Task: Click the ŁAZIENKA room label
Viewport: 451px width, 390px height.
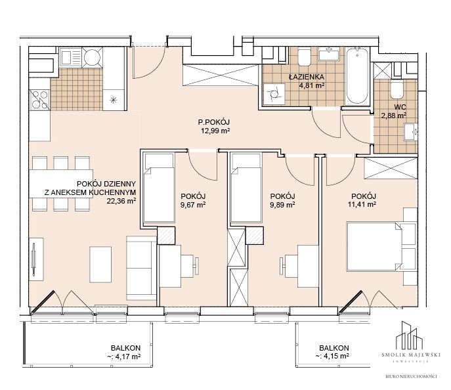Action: tap(307, 77)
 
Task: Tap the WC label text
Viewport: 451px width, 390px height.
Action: tap(400, 107)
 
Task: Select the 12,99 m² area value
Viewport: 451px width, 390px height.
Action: tap(216, 131)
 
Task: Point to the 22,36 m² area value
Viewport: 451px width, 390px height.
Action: tap(121, 201)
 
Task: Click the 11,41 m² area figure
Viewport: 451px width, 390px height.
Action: tap(362, 204)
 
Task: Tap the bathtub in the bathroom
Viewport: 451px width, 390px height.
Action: tap(357, 76)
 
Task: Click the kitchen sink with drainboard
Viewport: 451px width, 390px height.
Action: tap(70, 58)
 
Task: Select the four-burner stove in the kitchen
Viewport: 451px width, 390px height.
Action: tap(39, 100)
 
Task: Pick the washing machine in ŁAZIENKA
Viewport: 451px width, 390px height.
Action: tap(274, 94)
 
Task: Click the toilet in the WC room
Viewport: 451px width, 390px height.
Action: tap(397, 89)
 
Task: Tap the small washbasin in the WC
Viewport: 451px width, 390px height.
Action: tap(411, 132)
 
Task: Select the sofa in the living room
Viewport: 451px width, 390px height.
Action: tap(141, 269)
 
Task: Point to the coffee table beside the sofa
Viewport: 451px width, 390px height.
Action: tap(100, 265)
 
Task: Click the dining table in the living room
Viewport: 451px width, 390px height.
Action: tap(61, 184)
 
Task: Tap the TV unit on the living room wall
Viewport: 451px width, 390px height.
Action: tap(36, 260)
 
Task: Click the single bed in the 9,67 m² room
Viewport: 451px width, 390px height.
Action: tap(159, 188)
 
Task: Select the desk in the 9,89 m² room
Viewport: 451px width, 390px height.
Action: tap(308, 267)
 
